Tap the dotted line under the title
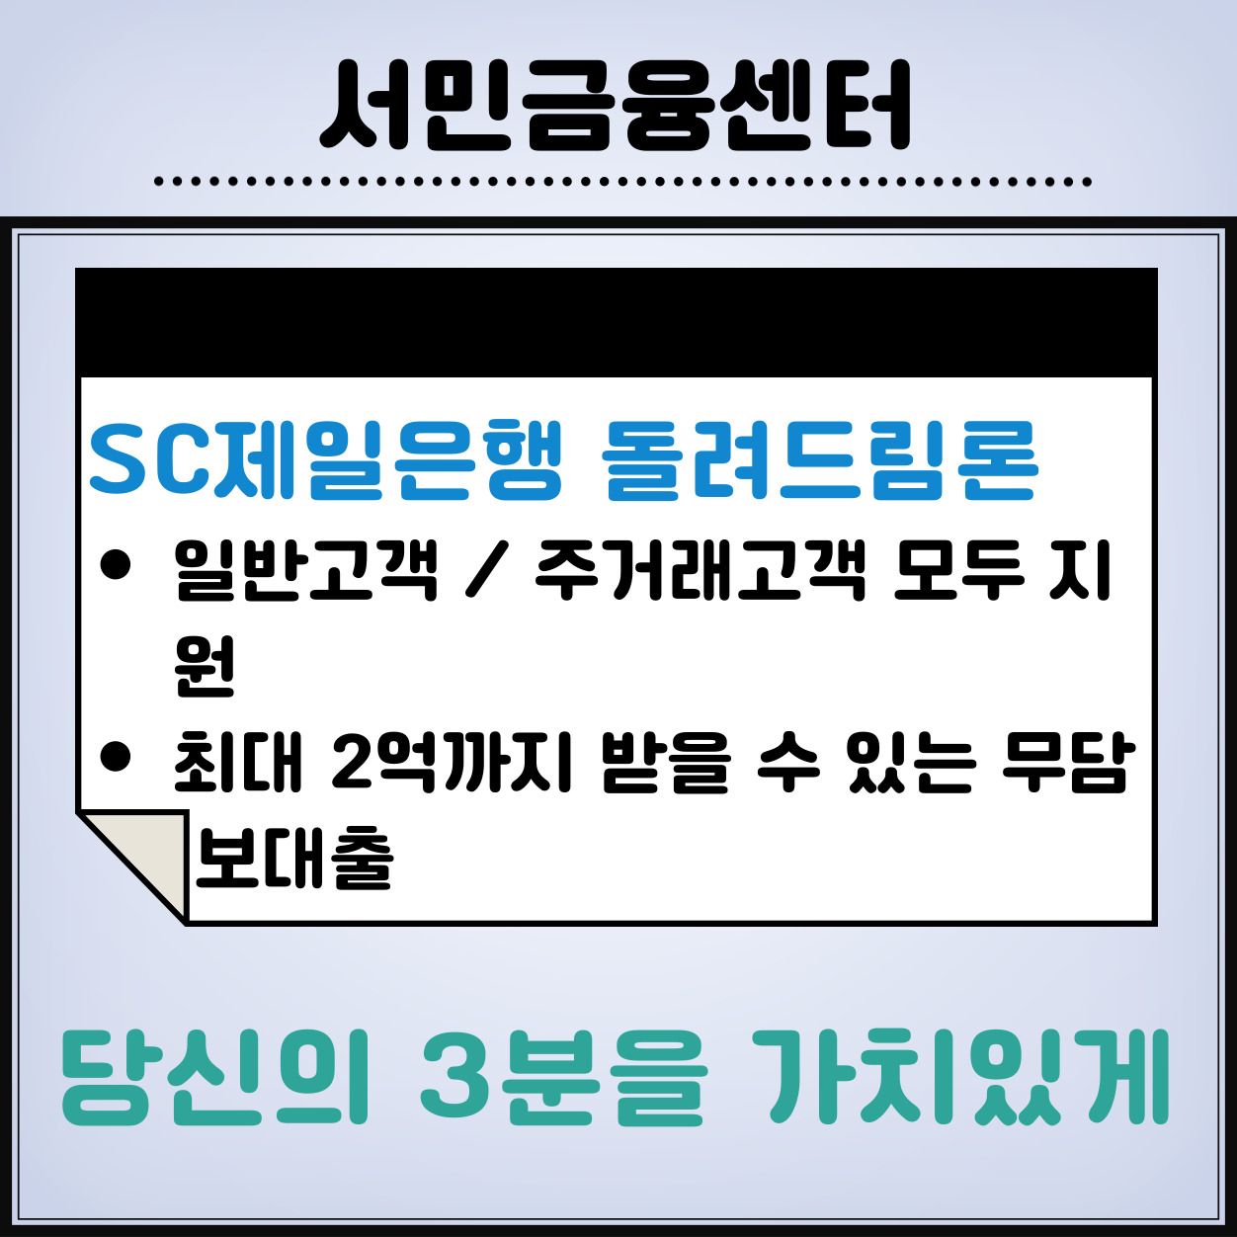622,182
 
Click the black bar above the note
617,322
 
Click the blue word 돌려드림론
820,460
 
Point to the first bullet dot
116,564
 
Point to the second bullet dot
116,756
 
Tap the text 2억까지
452,762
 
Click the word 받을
666,762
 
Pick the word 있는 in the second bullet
911,762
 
